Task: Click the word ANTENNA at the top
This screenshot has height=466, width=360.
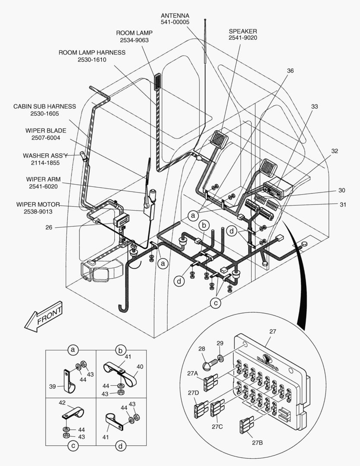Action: click(x=175, y=16)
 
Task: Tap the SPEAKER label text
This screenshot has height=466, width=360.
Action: click(x=243, y=31)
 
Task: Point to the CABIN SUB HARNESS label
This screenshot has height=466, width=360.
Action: click(x=44, y=106)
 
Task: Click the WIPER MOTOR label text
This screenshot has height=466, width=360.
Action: click(x=38, y=204)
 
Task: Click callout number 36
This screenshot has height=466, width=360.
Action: click(x=290, y=71)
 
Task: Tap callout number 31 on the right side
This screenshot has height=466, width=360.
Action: click(x=342, y=205)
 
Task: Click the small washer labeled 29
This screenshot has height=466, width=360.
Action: click(x=220, y=358)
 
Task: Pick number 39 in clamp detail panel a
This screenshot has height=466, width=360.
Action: click(x=52, y=387)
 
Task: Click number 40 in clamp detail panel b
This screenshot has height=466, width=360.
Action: click(x=140, y=367)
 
